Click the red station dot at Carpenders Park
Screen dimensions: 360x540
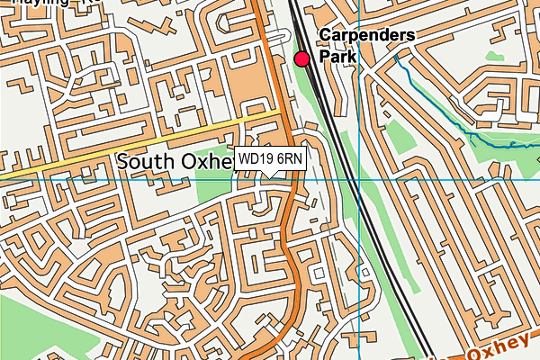[x=301, y=58]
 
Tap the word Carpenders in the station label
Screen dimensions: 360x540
[x=366, y=36]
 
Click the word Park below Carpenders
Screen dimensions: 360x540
[x=337, y=56]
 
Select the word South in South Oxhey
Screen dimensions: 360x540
[x=148, y=162]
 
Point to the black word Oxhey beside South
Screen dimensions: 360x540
[x=209, y=162]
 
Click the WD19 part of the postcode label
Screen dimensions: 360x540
[x=256, y=159]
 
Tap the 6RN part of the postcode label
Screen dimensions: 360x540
[x=290, y=159]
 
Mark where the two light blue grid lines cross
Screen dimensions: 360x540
[x=358, y=179]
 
